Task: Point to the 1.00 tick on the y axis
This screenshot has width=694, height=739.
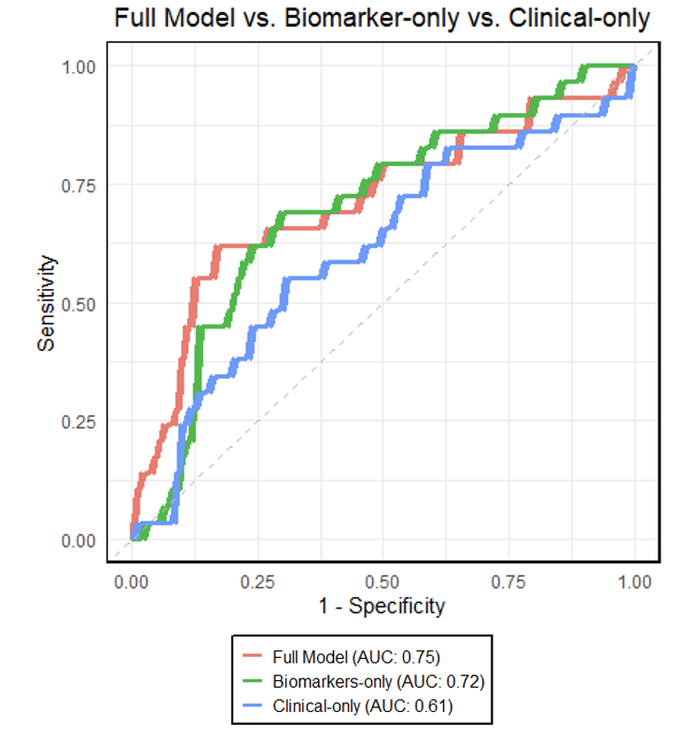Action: pyautogui.click(x=80, y=66)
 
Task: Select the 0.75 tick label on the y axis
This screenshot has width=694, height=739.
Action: pyautogui.click(x=80, y=185)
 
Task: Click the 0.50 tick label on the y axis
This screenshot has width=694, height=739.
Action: pyautogui.click(x=80, y=303)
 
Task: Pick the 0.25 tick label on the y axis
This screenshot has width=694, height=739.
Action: pyautogui.click(x=80, y=422)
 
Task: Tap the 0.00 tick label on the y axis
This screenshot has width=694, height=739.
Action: pyautogui.click(x=80, y=540)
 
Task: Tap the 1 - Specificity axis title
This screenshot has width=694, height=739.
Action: pyautogui.click(x=382, y=607)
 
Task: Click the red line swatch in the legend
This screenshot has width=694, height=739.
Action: pyautogui.click(x=254, y=656)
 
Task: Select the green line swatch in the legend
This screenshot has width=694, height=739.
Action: pyautogui.click(x=254, y=681)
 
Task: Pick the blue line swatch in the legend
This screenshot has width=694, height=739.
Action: pyautogui.click(x=254, y=706)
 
